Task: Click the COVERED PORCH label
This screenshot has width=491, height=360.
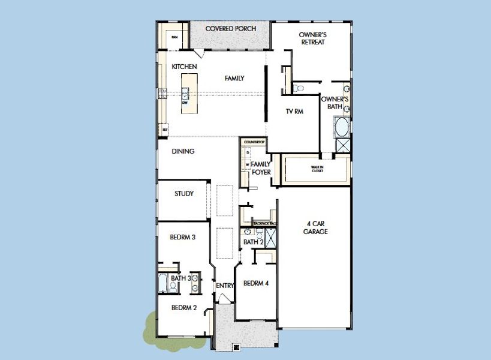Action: pyautogui.click(x=231, y=28)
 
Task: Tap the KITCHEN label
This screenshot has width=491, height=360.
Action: pyautogui.click(x=184, y=67)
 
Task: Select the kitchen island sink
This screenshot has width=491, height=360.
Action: pyautogui.click(x=185, y=93)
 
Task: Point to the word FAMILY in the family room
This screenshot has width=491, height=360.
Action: pyautogui.click(x=234, y=78)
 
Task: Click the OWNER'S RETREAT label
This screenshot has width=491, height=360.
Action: pyautogui.click(x=312, y=38)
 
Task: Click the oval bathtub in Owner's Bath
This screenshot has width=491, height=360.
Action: pyautogui.click(x=341, y=127)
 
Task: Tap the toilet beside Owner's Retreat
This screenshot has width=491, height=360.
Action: pyautogui.click(x=299, y=88)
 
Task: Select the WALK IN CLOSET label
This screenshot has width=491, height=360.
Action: pyautogui.click(x=317, y=169)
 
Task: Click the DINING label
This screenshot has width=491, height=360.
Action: pyautogui.click(x=183, y=152)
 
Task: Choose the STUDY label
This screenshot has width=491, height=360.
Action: pyautogui.click(x=184, y=194)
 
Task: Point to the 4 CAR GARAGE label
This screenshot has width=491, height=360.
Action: pyautogui.click(x=315, y=228)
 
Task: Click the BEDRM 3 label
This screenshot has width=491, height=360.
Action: pyautogui.click(x=182, y=237)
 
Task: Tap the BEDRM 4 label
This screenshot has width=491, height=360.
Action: pyautogui.click(x=255, y=284)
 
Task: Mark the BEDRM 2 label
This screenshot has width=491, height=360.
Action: pyautogui.click(x=184, y=308)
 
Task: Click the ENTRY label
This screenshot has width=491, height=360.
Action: pyautogui.click(x=225, y=286)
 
